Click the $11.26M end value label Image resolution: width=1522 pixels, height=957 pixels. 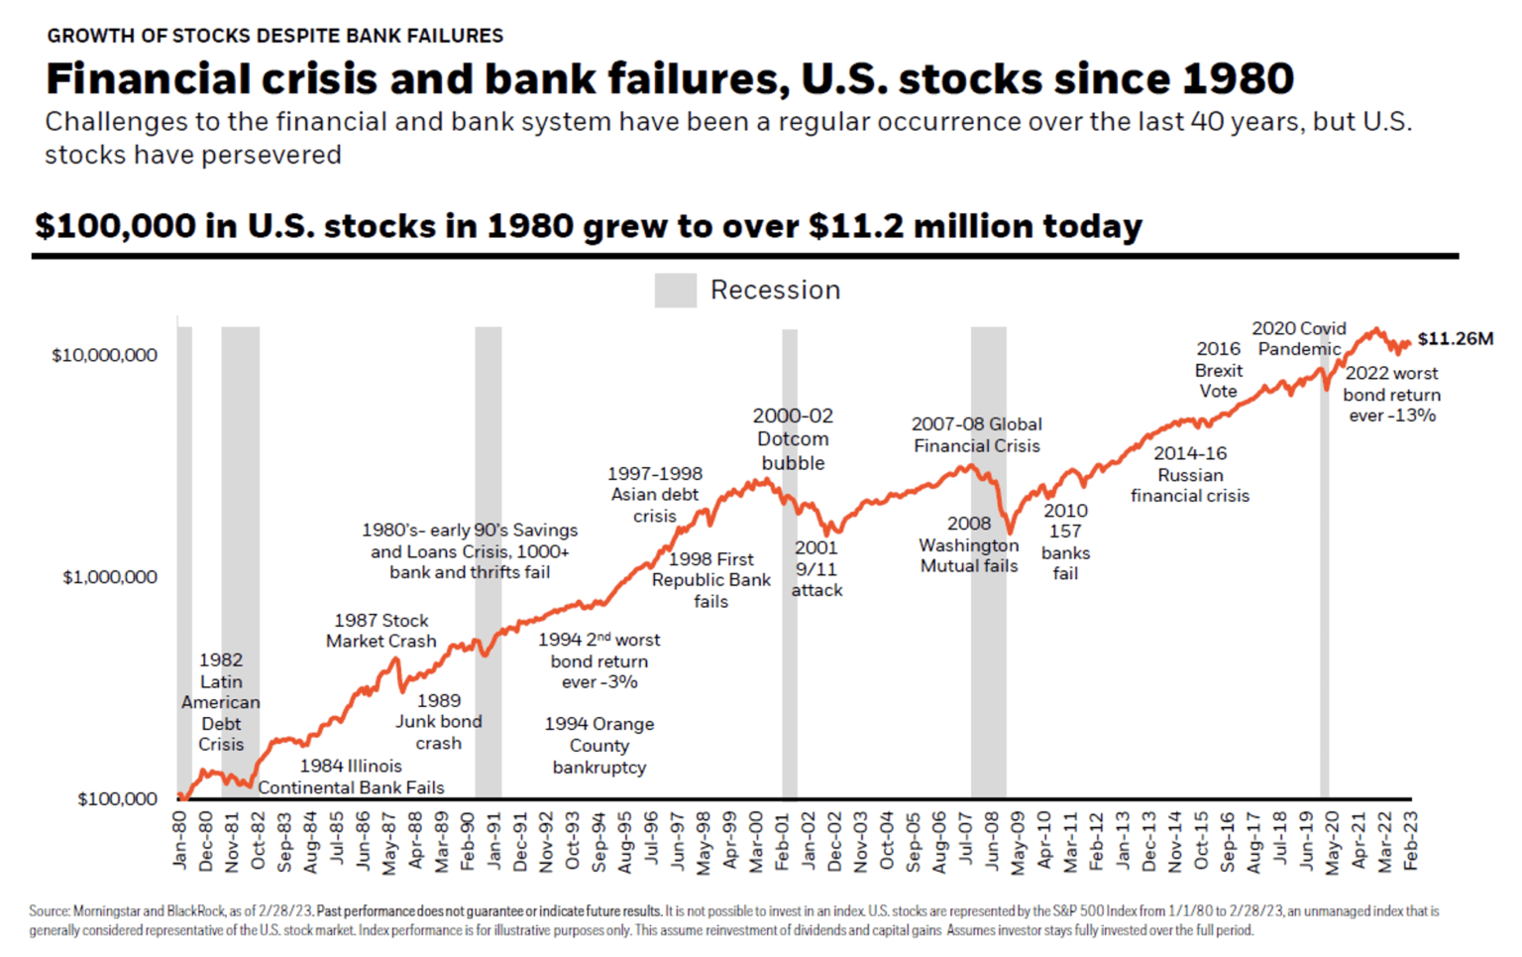point(1455,339)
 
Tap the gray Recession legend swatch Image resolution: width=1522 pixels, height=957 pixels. point(675,290)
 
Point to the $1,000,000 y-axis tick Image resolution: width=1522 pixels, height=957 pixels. point(109,577)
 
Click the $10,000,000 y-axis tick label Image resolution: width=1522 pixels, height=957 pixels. point(104,355)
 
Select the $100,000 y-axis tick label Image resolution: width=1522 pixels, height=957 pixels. point(117,799)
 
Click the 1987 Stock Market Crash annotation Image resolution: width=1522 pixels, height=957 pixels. point(380,631)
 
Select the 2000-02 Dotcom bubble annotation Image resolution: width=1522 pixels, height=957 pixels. point(793,439)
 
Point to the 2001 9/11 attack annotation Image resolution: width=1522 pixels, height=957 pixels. point(816,568)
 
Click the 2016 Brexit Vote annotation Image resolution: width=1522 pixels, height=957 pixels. point(1218,370)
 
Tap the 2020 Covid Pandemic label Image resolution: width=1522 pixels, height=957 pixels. point(1298,338)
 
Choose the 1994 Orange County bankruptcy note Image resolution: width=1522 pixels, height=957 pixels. point(598,746)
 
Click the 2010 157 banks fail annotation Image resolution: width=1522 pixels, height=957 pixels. point(1065,541)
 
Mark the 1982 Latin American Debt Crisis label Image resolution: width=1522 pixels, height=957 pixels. point(220,702)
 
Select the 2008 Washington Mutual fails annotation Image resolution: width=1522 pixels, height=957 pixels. point(968,544)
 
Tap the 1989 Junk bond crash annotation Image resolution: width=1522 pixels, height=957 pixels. point(438,722)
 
